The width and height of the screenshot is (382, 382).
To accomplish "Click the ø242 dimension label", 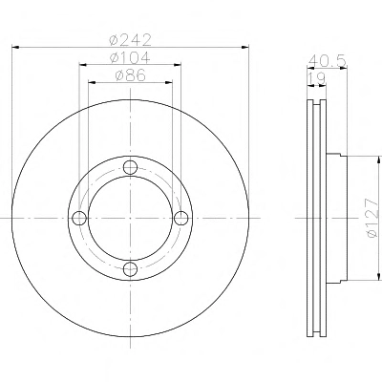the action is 130,39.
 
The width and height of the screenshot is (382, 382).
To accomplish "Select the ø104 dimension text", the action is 130,57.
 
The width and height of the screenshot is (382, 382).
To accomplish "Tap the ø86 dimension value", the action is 131,75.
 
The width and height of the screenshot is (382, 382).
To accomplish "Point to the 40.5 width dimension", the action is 328,61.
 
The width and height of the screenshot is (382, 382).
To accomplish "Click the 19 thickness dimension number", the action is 316,78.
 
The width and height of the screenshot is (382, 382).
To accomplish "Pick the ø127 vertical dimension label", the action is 372,218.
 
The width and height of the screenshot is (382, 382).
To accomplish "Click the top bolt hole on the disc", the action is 130,167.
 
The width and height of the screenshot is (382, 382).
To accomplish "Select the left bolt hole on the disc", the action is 79,218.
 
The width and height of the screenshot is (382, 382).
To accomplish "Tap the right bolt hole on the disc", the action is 181,218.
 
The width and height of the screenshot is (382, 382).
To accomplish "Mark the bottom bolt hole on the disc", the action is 130,269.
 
